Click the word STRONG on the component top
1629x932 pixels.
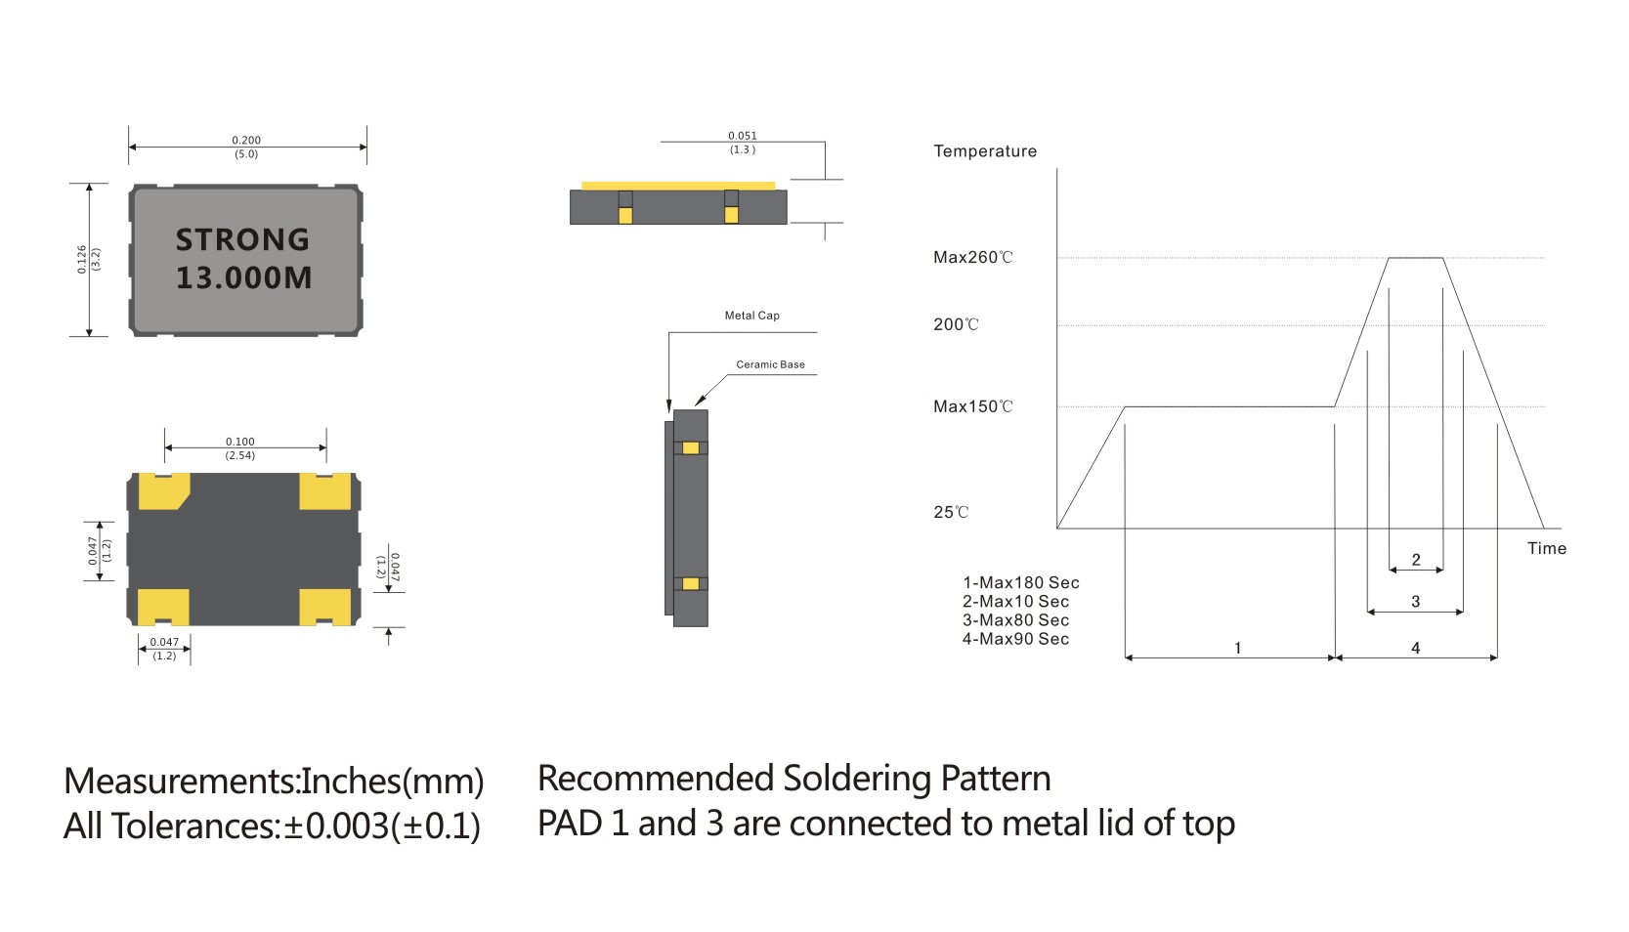pos(242,239)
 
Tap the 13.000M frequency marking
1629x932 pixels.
pos(244,277)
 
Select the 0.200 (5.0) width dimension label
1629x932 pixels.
pos(246,147)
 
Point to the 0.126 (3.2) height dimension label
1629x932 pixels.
pos(88,259)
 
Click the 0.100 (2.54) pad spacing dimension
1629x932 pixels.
pos(240,448)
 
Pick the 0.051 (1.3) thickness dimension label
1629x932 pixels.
pos(743,143)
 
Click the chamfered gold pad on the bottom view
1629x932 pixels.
pos(163,491)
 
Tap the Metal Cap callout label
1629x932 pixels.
pos(751,316)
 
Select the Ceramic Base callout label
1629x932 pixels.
pos(770,364)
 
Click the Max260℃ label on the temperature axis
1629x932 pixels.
pos(972,258)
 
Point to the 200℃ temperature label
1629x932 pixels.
pos(955,325)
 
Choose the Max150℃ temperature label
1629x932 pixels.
pos(972,406)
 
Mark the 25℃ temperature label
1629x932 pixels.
pos(950,512)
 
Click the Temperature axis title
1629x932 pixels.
pos(984,151)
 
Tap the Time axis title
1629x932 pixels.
pos(1546,549)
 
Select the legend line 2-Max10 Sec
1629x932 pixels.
pos(1015,602)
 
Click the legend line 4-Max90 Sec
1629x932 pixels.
pos(1015,639)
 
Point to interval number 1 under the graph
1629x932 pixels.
pos(1237,648)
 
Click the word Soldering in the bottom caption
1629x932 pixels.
pos(857,780)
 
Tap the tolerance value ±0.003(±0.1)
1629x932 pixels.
pos(382,826)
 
